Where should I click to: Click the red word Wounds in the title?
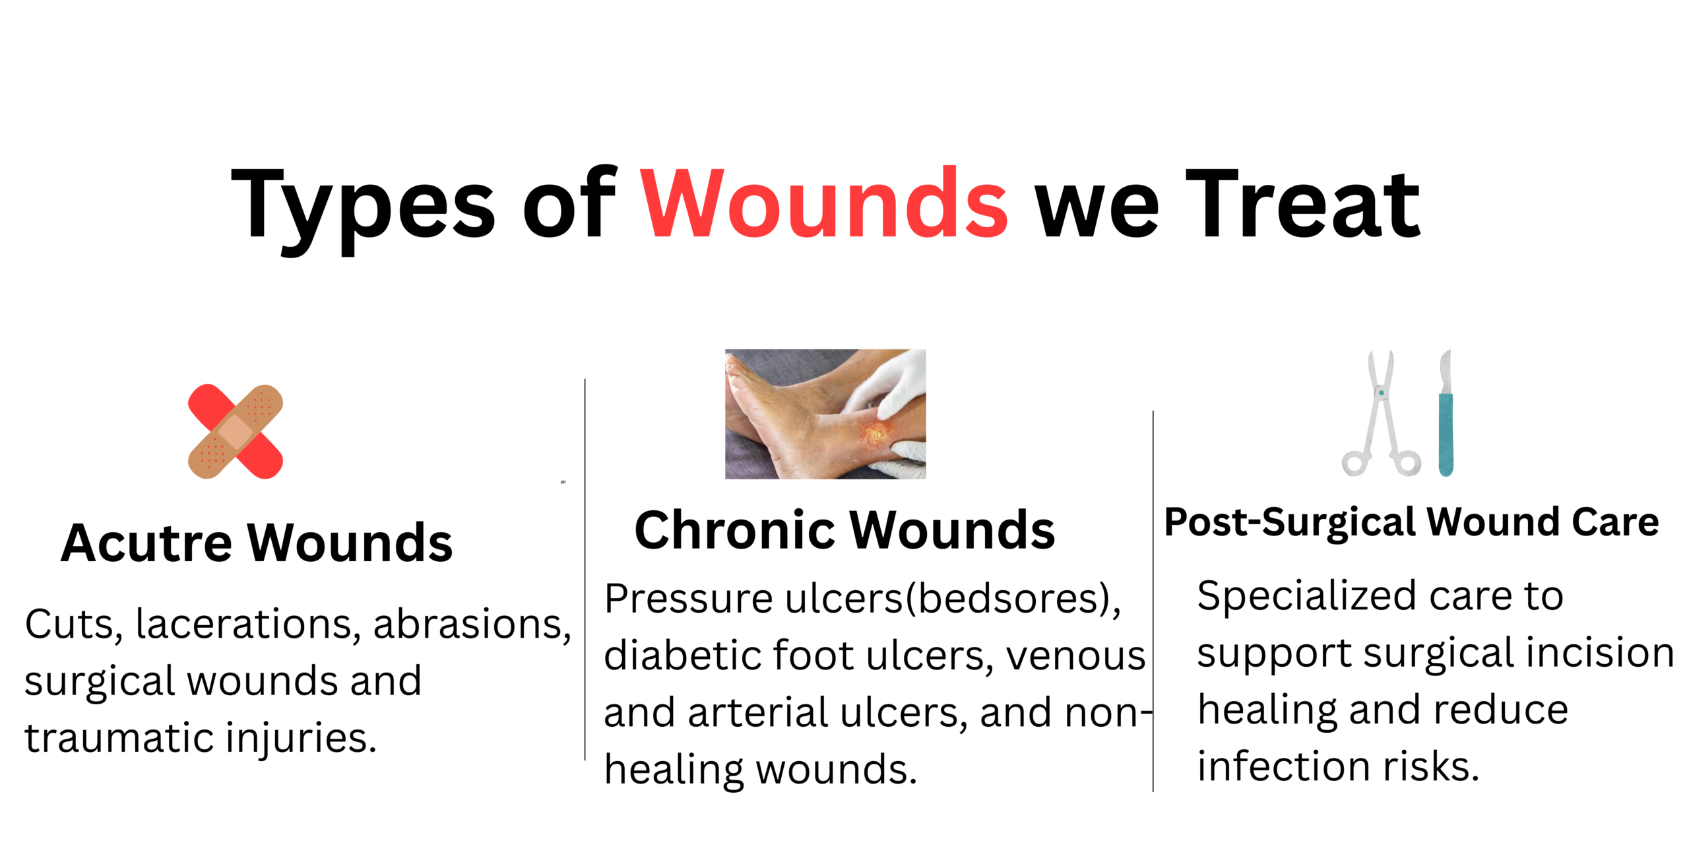(824, 203)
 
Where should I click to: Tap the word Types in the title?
(363, 210)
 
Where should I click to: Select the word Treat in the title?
(1303, 203)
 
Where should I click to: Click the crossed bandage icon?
(236, 432)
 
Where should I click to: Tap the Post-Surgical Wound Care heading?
(1412, 523)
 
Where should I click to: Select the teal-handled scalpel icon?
(1446, 413)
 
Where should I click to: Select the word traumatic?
(119, 738)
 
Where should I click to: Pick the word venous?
(1076, 657)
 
